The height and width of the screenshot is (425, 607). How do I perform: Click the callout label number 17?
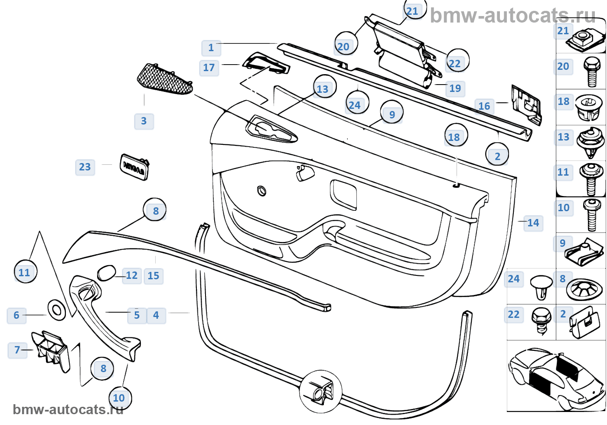coord(209,68)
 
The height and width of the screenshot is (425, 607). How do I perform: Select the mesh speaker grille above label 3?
coord(164,79)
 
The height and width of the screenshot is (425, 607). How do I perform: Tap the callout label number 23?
coord(85,167)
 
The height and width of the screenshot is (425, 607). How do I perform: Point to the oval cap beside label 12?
coord(106,273)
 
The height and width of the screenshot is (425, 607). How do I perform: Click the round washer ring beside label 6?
coord(56,310)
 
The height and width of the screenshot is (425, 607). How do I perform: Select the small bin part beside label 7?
coord(51,349)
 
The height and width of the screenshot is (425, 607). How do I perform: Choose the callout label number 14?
coord(533,223)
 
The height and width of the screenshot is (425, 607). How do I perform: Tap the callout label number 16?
coord(484,106)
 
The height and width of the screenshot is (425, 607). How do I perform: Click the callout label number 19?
coord(455,88)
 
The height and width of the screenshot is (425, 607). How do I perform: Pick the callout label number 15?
coord(153,276)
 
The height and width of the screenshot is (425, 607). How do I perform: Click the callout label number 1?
coord(211,48)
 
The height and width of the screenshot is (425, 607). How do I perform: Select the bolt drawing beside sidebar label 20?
coord(591,72)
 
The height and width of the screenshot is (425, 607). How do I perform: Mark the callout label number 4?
coord(156,315)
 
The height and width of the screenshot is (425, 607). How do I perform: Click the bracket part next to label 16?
coord(526,105)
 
